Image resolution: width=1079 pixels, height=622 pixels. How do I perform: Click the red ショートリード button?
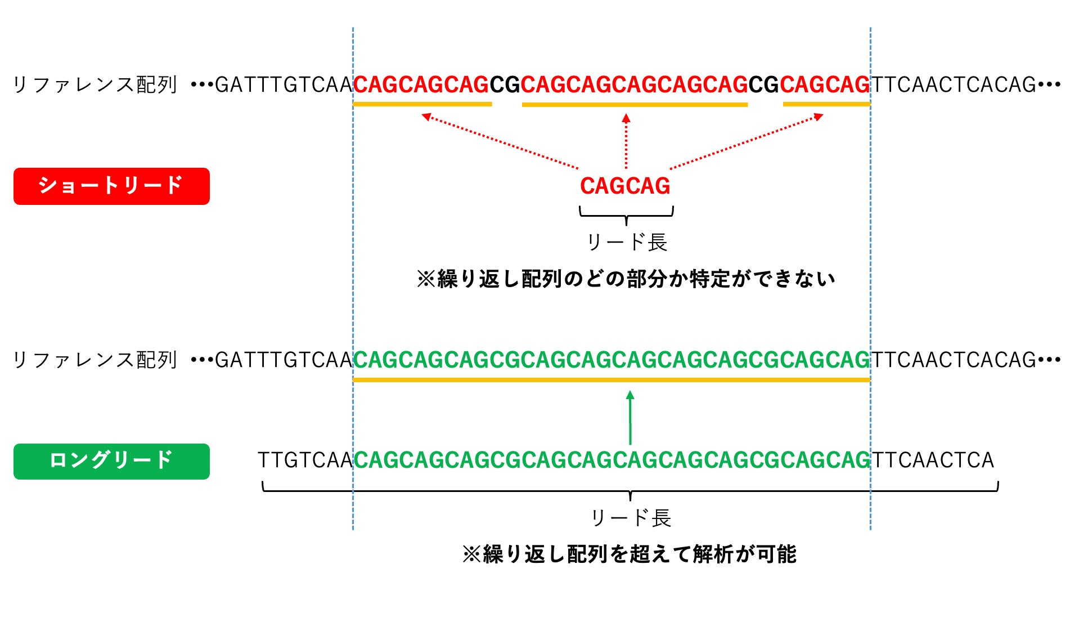pos(111,186)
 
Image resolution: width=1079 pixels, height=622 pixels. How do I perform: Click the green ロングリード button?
pos(111,461)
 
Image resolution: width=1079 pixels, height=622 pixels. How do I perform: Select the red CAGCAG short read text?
pos(625,186)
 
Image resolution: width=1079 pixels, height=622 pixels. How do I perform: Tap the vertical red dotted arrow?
pos(626,141)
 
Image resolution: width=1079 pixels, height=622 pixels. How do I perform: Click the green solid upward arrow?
pos(630,418)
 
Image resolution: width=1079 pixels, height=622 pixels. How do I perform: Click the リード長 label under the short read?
pos(626,243)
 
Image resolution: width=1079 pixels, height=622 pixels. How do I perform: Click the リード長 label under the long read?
pos(630,518)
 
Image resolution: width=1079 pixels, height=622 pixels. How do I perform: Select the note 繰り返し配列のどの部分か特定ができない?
pos(626,279)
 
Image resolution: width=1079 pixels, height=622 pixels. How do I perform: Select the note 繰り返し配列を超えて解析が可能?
pos(629,554)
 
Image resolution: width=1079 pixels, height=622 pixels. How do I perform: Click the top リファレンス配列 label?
pos(95,85)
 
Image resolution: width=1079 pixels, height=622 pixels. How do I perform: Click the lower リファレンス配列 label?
pos(95,360)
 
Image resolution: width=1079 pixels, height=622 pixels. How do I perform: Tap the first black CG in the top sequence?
pos(505,85)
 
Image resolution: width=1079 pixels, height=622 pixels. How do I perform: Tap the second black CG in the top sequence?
pos(763,85)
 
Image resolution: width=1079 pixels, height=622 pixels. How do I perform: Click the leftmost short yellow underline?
pos(422,104)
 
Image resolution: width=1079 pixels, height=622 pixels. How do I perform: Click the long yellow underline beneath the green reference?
pos(611,380)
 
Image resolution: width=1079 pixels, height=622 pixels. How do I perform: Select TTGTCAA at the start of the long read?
pos(305,460)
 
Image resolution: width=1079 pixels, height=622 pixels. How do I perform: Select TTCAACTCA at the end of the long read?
pos(933,460)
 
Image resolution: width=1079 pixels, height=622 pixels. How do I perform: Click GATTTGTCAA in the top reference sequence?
pos(284,85)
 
